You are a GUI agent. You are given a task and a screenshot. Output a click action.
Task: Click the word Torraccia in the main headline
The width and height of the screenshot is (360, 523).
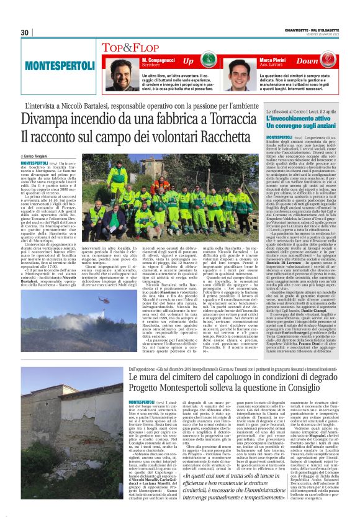click(x=238, y=119)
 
